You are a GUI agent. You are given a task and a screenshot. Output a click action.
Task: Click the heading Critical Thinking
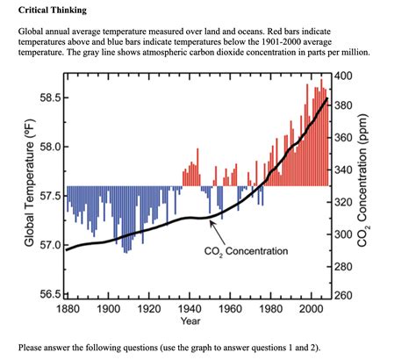click(x=52, y=10)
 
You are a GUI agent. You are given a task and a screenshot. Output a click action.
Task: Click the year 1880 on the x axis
click(x=68, y=309)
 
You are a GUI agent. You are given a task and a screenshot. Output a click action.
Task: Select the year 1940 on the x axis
click(x=190, y=309)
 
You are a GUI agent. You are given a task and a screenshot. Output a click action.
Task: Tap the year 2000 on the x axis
click(x=311, y=309)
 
